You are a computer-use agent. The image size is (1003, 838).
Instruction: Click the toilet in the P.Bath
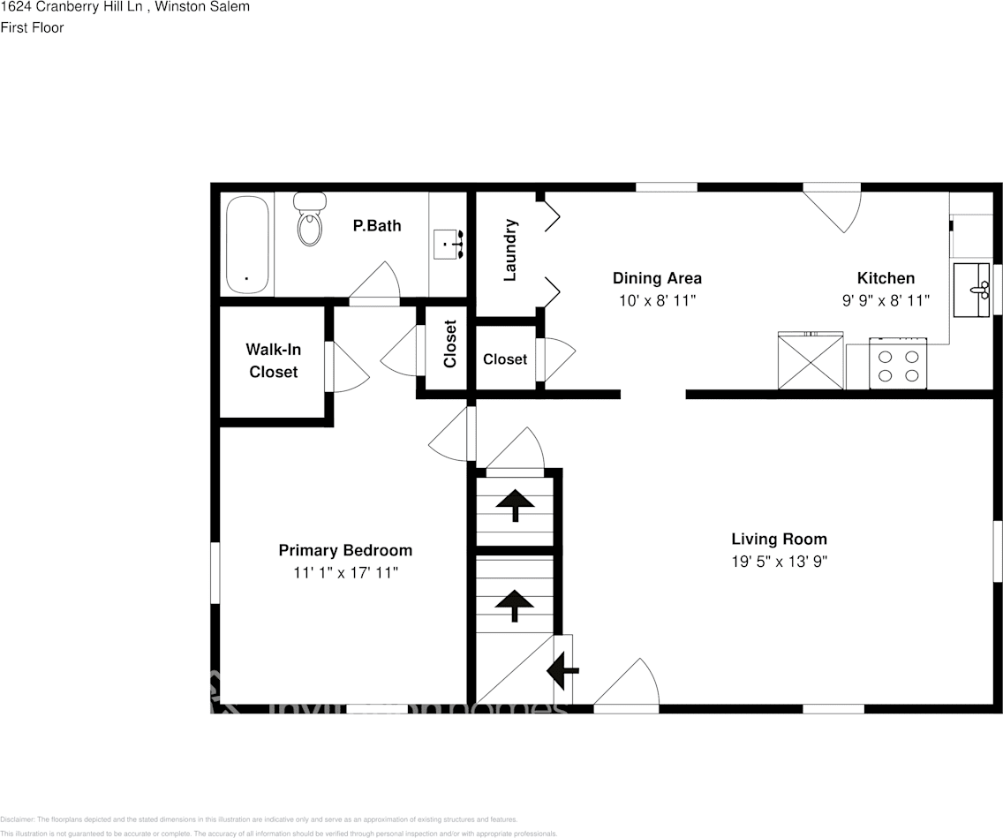point(309,220)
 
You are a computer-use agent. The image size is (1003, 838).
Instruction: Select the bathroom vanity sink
point(449,244)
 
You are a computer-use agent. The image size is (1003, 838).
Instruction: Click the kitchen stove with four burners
point(898,363)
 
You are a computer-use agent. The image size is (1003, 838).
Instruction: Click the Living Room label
point(779,539)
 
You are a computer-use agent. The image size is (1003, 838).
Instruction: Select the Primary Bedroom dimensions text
point(345,572)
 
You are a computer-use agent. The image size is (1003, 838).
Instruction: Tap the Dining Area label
point(657,278)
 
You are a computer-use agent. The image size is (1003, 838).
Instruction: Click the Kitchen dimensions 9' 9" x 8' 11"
point(886,300)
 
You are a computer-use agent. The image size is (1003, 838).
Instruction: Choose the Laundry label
point(509,250)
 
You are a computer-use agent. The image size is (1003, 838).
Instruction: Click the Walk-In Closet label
point(273,360)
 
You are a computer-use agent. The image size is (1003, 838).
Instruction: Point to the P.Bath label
point(377,225)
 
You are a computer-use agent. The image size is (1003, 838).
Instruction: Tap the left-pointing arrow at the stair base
point(562,671)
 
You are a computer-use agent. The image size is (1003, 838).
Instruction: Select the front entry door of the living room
point(626,689)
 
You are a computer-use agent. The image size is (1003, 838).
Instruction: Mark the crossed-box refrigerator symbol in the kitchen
point(810,360)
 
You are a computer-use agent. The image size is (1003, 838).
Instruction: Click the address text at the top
point(124,7)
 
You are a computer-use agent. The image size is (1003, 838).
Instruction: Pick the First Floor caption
point(32,27)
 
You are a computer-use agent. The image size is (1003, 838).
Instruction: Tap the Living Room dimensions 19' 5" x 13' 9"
point(779,561)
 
